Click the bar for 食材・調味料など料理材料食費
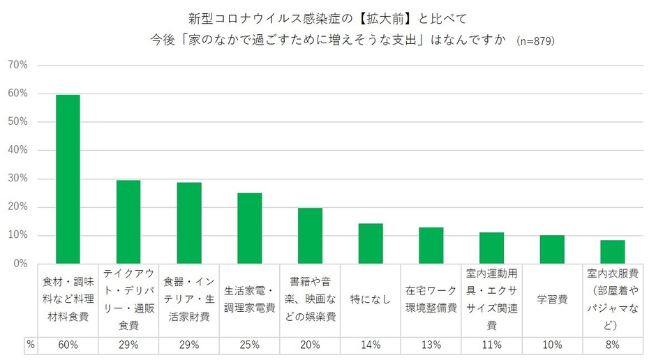tap(68, 179)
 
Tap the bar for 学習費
tap(552, 249)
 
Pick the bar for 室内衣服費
tap(612, 252)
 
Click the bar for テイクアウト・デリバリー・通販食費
tap(128, 222)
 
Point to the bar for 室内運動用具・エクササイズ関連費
tap(491, 248)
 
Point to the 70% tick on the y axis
tap(17, 65)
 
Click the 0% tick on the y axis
tap(20, 264)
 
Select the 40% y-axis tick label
tap(17, 150)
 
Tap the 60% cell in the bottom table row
tap(68, 345)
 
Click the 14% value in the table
tap(371, 345)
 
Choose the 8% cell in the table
tap(612, 345)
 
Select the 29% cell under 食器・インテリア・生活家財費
tap(189, 345)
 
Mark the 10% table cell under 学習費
tap(552, 345)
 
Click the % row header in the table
tap(30, 345)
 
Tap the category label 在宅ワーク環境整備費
tap(431, 299)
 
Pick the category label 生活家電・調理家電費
tap(249, 299)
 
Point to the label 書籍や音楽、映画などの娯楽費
tap(310, 299)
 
